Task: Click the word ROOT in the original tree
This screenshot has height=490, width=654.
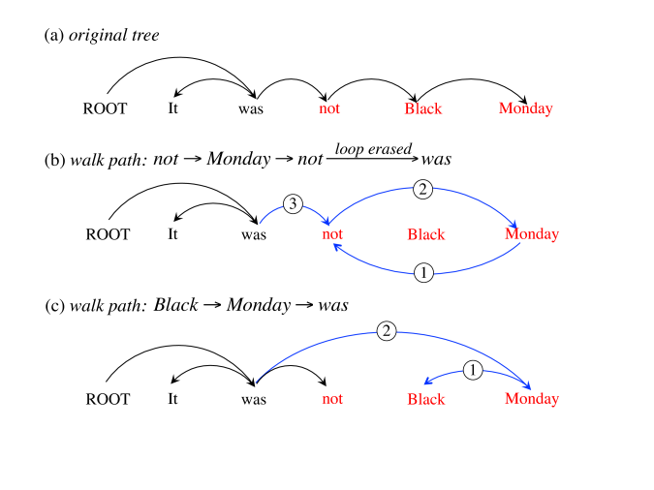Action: point(105,108)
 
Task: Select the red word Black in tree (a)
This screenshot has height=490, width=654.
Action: point(423,108)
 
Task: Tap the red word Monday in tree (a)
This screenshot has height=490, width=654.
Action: point(525,108)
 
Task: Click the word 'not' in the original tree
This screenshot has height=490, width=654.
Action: point(329,108)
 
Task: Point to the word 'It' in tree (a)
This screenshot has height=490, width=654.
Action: point(172,108)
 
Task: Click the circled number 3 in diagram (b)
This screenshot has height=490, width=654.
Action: point(295,204)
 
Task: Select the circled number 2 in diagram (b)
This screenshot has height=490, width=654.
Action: point(422,190)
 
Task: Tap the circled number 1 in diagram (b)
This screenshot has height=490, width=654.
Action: point(423,273)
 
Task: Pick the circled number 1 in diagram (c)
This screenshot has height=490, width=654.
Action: point(473,369)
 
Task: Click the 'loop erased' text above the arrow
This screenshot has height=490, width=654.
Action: point(373,148)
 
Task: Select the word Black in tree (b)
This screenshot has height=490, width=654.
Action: point(426,234)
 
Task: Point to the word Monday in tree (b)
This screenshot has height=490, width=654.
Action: point(532,234)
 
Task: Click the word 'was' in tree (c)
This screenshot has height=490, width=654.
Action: point(253,399)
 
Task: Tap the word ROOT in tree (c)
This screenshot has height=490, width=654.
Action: point(109,399)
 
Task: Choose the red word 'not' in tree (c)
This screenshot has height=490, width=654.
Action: point(332,399)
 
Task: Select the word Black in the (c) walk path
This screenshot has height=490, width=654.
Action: point(175,305)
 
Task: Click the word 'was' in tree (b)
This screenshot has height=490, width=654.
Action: point(253,234)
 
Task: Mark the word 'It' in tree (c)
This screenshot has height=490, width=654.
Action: point(174,399)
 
